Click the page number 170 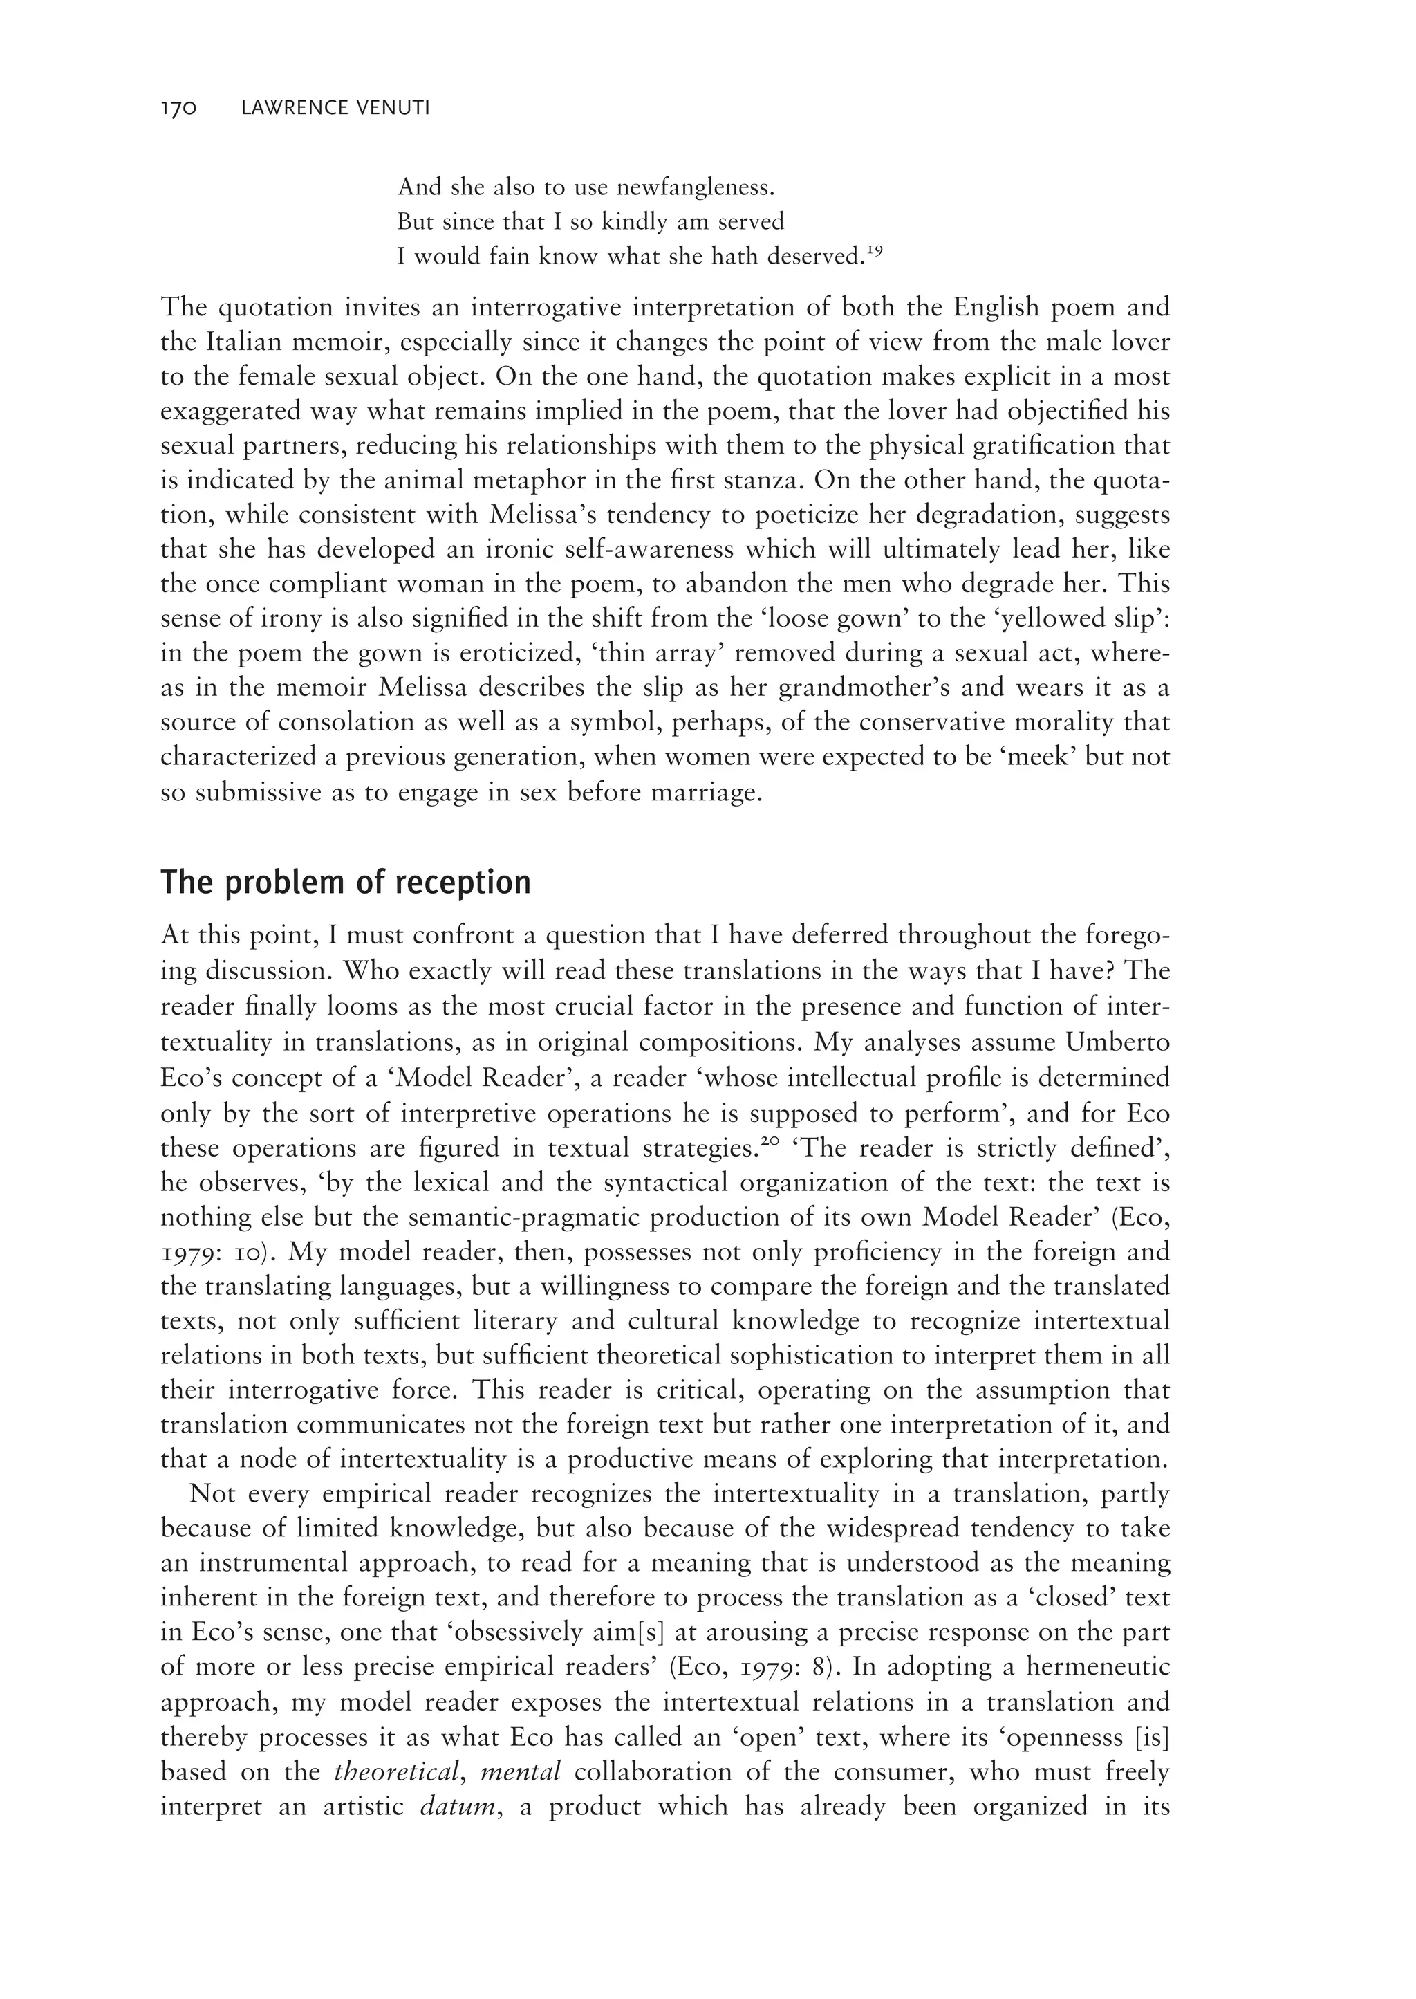coord(180,109)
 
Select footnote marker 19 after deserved coord(875,251)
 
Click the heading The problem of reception coord(345,883)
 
